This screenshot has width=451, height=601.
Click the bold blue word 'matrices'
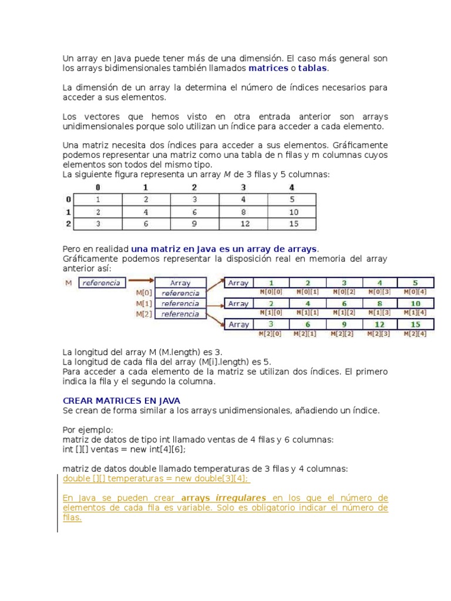[x=268, y=68]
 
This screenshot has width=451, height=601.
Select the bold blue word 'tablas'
[x=312, y=68]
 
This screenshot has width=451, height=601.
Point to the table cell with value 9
[x=194, y=224]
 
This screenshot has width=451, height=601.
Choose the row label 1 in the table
[x=68, y=211]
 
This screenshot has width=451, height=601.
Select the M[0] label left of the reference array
[x=144, y=293]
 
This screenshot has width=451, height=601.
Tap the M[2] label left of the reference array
[x=144, y=314]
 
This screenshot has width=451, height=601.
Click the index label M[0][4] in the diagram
[x=416, y=291]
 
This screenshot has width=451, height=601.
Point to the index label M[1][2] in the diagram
[x=345, y=313]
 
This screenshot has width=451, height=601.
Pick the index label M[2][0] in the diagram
[x=271, y=334]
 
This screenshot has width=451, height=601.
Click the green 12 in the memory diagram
[x=380, y=324]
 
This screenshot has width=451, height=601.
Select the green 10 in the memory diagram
[x=416, y=303]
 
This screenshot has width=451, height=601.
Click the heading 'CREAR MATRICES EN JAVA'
[x=121, y=400]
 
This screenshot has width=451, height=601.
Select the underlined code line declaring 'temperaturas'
[x=156, y=478]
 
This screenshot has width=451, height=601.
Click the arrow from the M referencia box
[x=141, y=283]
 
